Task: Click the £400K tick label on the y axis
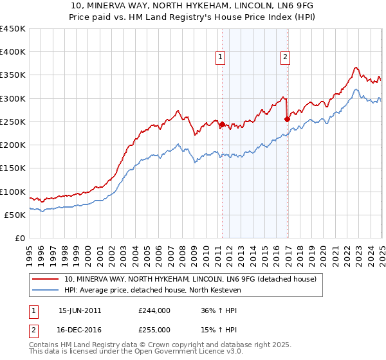pos(13,52)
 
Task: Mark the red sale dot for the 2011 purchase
pos(222,125)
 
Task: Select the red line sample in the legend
pos(46,279)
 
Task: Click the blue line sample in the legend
pos(46,290)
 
